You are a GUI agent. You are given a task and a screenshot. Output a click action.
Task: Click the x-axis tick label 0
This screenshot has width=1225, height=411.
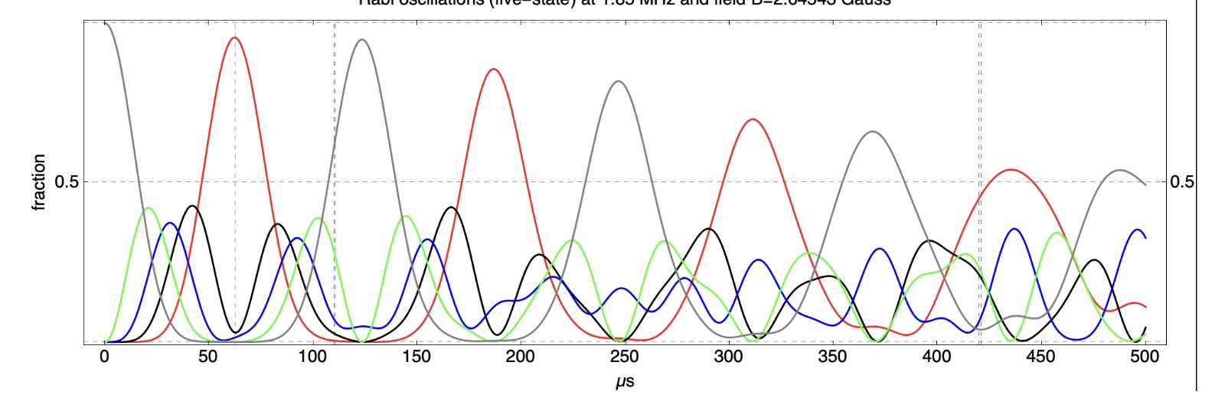(104, 357)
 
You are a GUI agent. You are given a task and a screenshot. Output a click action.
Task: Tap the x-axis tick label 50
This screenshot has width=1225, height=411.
(207, 357)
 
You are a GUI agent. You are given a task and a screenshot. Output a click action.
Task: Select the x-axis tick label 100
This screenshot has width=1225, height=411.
(312, 357)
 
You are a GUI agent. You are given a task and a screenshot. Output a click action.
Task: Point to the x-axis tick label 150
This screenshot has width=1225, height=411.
(416, 357)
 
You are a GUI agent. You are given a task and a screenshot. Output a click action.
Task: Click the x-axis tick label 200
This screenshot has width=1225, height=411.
(520, 357)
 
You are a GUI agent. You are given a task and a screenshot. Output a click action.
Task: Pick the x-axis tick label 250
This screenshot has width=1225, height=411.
(624, 357)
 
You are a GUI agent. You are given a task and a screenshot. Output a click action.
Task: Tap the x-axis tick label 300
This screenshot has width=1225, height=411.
(728, 357)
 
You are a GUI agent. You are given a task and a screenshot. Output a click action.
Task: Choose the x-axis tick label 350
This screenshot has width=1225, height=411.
(832, 357)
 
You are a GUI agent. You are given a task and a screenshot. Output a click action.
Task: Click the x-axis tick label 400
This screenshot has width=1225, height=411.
(936, 357)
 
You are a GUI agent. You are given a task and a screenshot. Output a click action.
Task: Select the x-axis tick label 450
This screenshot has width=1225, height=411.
(1040, 357)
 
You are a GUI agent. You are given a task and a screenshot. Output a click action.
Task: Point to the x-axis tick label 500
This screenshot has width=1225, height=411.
(1145, 357)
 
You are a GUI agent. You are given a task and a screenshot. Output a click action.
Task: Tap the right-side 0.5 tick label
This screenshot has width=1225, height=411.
(1182, 182)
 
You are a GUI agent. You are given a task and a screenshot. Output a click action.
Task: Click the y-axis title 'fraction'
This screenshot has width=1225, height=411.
(39, 182)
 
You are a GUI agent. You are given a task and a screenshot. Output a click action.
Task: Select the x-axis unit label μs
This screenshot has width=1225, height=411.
(625, 380)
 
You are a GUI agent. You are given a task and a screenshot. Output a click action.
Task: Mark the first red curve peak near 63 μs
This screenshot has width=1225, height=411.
(235, 38)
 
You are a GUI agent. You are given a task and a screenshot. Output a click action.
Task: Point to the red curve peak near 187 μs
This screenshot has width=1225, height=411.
(494, 69)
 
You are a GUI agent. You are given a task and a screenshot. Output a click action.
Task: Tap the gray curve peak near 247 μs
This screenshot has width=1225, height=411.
(619, 81)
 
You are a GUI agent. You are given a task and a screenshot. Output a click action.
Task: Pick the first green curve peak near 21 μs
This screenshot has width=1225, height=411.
(148, 207)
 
